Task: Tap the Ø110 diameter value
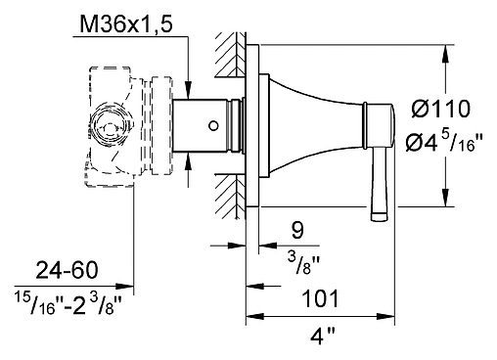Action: coord(441,109)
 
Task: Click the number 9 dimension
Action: coord(297,230)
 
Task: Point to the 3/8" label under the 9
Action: coord(303,263)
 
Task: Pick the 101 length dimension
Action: coord(321,298)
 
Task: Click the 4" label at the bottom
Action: coord(322,336)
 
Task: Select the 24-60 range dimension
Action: coord(67,270)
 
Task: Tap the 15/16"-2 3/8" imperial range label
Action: coord(68,304)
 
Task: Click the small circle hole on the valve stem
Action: coord(213,125)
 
